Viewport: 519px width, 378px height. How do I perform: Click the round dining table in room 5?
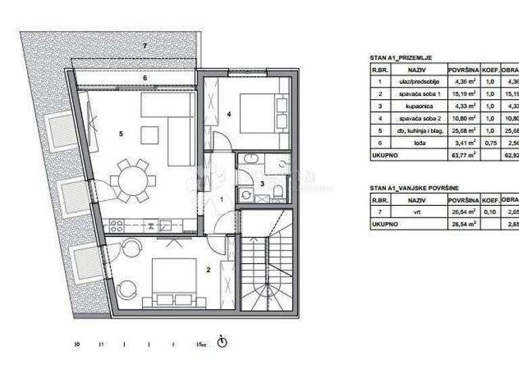[x=133, y=180]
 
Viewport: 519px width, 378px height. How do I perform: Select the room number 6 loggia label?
[x=144, y=78]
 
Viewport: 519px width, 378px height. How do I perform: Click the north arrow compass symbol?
[x=222, y=342]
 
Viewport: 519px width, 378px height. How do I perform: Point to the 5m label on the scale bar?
[x=201, y=344]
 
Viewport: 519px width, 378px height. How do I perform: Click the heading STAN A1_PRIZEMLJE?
[x=401, y=58]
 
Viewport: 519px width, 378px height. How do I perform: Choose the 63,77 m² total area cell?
[x=464, y=155]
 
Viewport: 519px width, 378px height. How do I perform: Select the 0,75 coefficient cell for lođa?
[x=491, y=142]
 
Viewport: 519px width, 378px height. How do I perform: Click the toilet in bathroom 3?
[x=278, y=194]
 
